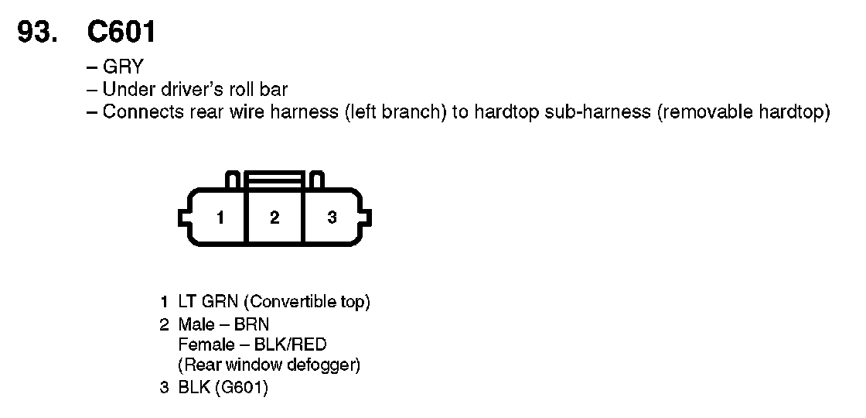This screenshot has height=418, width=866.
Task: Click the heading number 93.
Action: [40, 32]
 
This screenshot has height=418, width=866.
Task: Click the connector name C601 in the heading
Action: [122, 32]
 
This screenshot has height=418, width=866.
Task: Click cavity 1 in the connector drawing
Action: [220, 218]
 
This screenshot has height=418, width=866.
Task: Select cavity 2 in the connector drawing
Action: [274, 218]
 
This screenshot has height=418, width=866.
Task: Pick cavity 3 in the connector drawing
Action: [332, 218]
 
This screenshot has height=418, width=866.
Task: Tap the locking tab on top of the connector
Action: [274, 180]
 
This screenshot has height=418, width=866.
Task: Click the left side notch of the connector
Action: [183, 218]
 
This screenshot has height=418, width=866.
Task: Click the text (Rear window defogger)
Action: [269, 365]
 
